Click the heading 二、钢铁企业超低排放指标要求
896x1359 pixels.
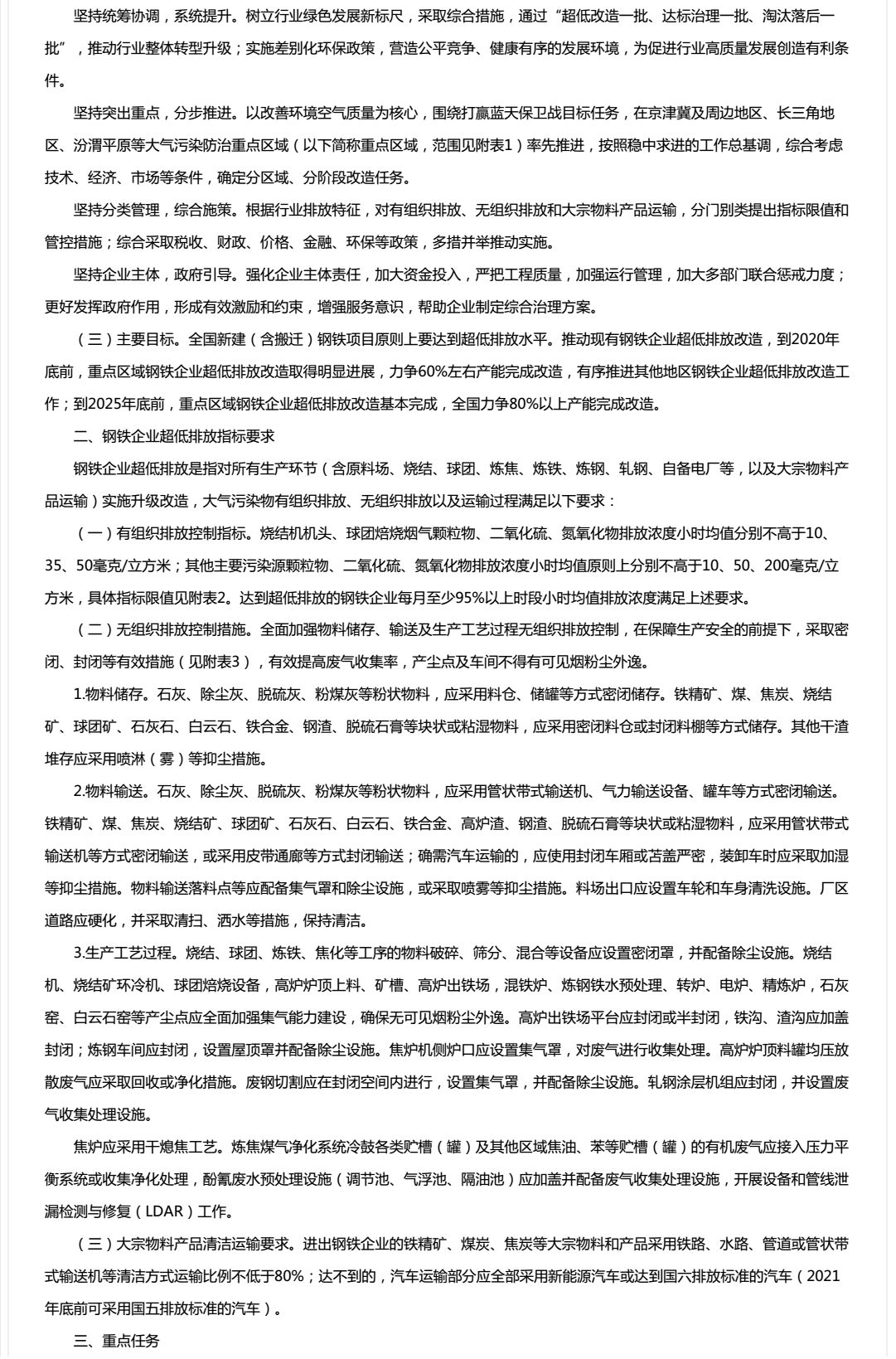coord(174,436)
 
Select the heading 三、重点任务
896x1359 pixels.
coord(116,1341)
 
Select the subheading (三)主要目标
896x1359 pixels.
coord(121,339)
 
